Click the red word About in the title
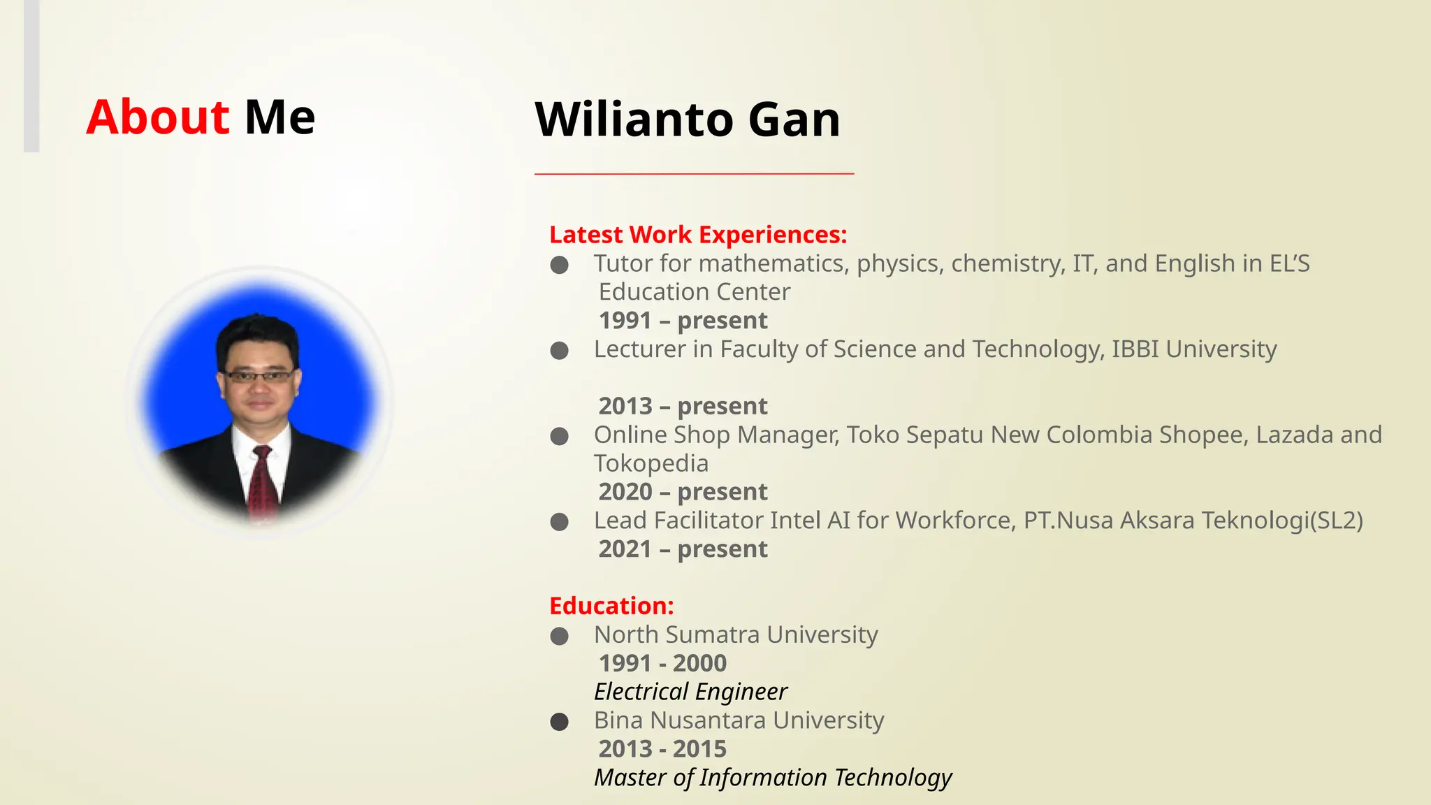tap(157, 117)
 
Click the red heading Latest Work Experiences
tap(697, 235)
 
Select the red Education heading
tap(611, 606)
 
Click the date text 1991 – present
tap(683, 321)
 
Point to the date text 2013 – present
tap(683, 406)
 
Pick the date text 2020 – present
tap(683, 492)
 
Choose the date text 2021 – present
tap(683, 549)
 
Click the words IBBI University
tap(1193, 349)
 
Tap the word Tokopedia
tap(651, 463)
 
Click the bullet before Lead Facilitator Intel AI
tap(559, 522)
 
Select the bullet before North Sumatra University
tap(559, 636)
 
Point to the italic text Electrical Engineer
tap(690, 692)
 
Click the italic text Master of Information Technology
tap(773, 778)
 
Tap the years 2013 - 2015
tap(662, 749)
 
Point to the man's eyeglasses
tap(259, 376)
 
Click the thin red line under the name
tap(694, 173)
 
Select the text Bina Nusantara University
tap(739, 720)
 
